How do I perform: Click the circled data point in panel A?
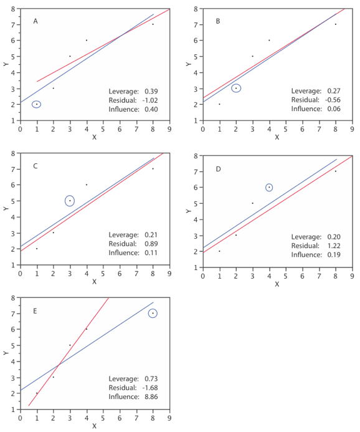pos(37,104)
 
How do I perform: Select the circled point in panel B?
pos(236,88)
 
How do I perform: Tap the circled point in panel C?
pos(70,201)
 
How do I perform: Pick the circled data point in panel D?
pos(269,187)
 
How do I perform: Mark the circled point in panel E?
pos(153,314)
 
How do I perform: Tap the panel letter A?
pos(36,21)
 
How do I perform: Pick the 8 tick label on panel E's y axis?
pos(14,298)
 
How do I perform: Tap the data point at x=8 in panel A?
pos(153,24)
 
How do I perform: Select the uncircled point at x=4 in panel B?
pos(269,40)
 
